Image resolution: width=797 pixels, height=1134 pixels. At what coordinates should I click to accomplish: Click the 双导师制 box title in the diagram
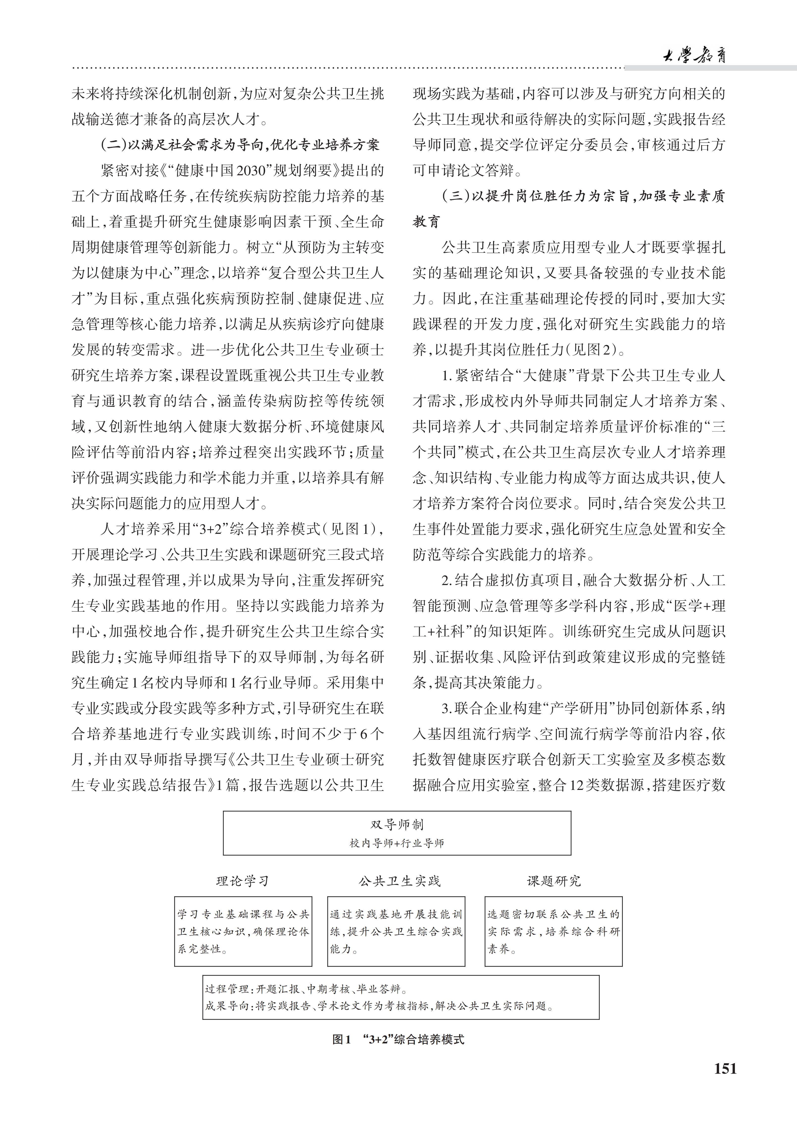(397, 824)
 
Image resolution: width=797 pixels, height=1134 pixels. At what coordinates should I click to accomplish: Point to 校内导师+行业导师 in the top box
(397, 843)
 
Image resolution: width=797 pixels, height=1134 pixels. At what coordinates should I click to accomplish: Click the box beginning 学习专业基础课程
(243, 931)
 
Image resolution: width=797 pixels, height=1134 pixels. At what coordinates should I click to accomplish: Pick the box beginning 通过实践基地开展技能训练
(396, 931)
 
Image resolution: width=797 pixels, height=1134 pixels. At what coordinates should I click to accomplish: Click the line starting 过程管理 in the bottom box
(306, 989)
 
